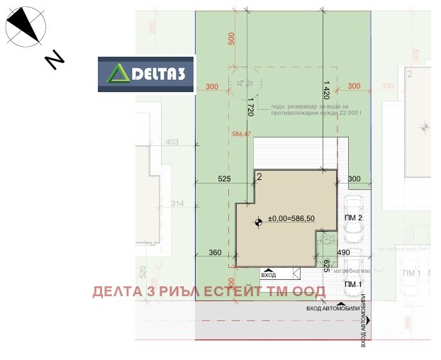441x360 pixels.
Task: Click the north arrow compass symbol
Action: click(24, 27)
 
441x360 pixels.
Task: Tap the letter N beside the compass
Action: click(54, 60)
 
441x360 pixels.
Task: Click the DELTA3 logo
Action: click(146, 74)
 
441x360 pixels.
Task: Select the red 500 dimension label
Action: click(230, 38)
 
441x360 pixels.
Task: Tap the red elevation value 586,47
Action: click(242, 133)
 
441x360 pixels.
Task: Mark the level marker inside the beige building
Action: click(258, 222)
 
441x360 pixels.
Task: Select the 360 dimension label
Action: click(216, 252)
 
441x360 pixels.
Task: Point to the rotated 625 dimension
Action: click(326, 266)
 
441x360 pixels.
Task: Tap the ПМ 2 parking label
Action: click(354, 218)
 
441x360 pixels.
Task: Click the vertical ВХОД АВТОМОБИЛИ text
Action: click(364, 322)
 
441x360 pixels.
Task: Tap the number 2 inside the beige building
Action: click(260, 176)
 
